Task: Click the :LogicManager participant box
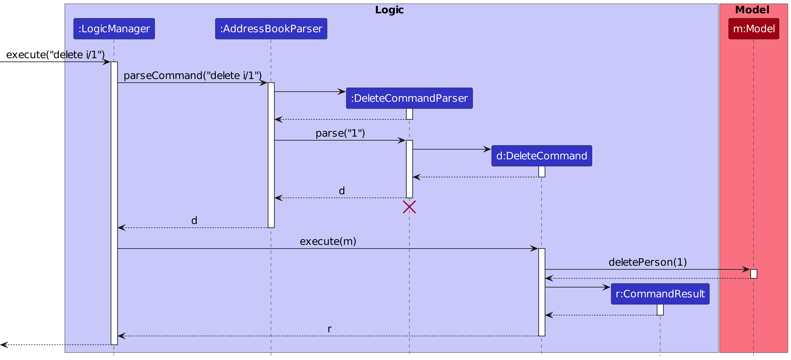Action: click(x=114, y=29)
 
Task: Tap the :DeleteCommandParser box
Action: click(x=409, y=98)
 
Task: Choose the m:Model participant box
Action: click(x=754, y=29)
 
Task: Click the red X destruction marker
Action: click(x=409, y=207)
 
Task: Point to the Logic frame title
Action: click(x=389, y=10)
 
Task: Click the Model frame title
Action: click(x=752, y=10)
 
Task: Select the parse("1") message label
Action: click(x=340, y=133)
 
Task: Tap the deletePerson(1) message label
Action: click(x=648, y=262)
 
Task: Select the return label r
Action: click(x=329, y=329)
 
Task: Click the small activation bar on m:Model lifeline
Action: click(x=754, y=274)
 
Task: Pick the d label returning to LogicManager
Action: click(x=194, y=220)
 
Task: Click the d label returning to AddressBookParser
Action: click(x=342, y=191)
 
